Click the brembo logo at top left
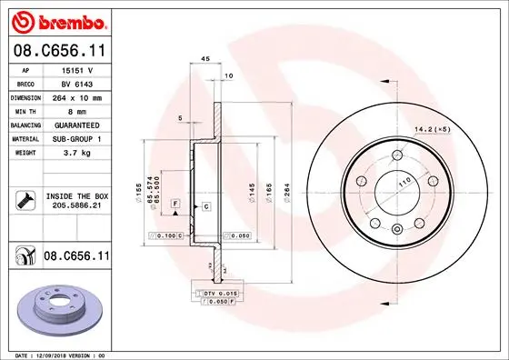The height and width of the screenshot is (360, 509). [x=56, y=20]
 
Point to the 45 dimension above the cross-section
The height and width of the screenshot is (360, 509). [x=205, y=59]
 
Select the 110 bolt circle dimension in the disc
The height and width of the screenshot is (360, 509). [x=396, y=183]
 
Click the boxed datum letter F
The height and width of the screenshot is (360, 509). [x=175, y=201]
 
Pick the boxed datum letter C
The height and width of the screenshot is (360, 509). [x=206, y=207]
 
